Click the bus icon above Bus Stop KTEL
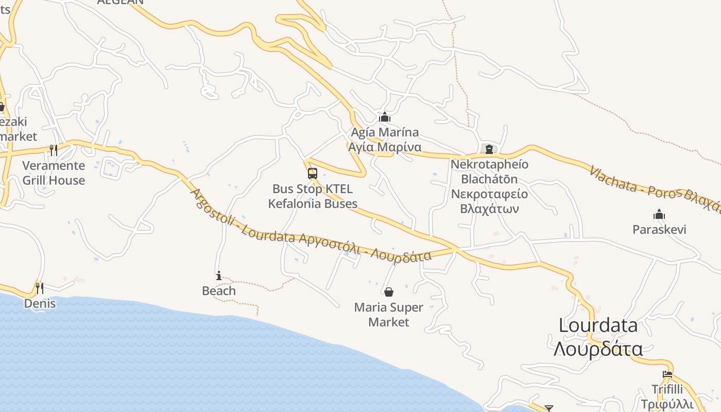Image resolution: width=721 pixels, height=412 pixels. tap(313, 174)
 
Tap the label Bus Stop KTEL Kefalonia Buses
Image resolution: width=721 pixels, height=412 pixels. tap(313, 196)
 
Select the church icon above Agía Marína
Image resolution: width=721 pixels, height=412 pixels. tap(385, 117)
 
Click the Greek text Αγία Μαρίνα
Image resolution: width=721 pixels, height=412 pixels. tap(385, 147)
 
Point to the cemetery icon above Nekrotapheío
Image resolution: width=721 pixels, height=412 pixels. tap(489, 149)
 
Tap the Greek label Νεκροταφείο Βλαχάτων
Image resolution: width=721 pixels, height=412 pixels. tap(489, 201)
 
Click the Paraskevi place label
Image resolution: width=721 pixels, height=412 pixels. tap(659, 229)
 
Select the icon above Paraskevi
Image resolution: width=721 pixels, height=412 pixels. tap(659, 214)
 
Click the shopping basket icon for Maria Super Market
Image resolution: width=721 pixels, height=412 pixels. tap(389, 293)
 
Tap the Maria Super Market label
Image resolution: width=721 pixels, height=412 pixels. tap(389, 315)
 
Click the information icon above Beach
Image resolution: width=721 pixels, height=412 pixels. tap(219, 276)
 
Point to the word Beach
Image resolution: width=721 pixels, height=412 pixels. tap(219, 291)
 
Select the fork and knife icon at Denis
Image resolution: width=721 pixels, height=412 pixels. tap(40, 288)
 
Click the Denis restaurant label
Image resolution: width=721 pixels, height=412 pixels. tap(40, 303)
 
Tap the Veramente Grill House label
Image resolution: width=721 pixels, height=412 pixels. tap(54, 173)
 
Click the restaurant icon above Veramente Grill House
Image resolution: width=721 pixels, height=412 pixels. tap(53, 150)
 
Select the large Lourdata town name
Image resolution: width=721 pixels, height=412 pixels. tap(598, 325)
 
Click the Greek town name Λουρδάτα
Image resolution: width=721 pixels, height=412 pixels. tap(598, 349)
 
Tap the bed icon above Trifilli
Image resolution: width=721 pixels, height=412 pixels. tap(667, 374)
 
